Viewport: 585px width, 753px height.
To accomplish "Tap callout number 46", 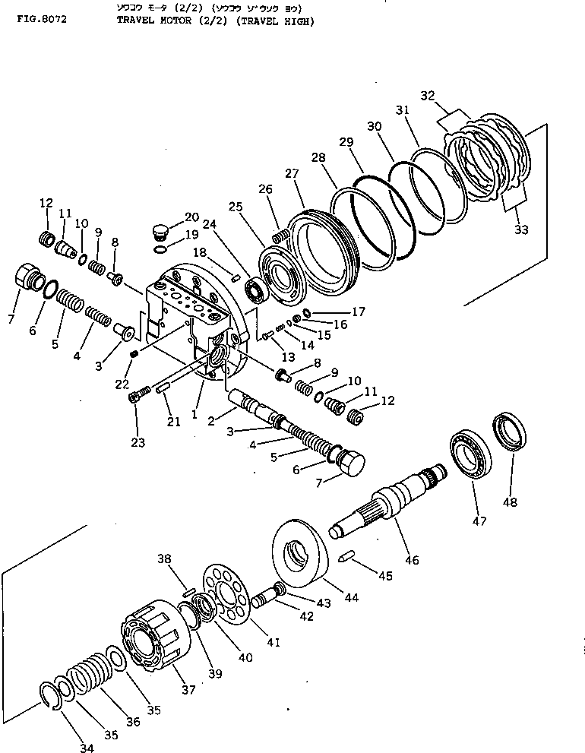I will pos(411,562).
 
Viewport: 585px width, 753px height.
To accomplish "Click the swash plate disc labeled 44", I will pos(300,555).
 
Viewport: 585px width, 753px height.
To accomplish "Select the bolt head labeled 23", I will pos(137,395).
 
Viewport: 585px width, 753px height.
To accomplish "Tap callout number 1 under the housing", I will pos(194,415).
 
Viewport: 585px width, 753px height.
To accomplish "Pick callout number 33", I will pos(521,229).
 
